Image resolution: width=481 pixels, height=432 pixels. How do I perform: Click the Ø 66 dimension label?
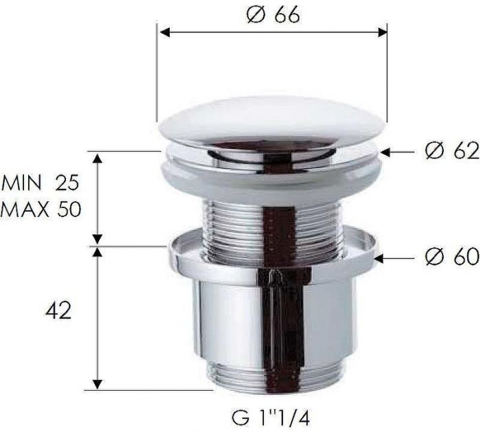[272, 14]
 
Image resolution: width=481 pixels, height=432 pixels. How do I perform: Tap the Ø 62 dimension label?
[450, 151]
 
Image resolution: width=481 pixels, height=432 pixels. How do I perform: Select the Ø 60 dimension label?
[451, 257]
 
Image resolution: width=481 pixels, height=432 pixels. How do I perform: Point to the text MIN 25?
[41, 183]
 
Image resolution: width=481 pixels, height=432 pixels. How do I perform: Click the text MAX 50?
[41, 208]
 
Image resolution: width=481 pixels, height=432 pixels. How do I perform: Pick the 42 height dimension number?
[56, 311]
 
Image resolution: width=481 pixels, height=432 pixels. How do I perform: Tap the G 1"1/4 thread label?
[273, 416]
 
